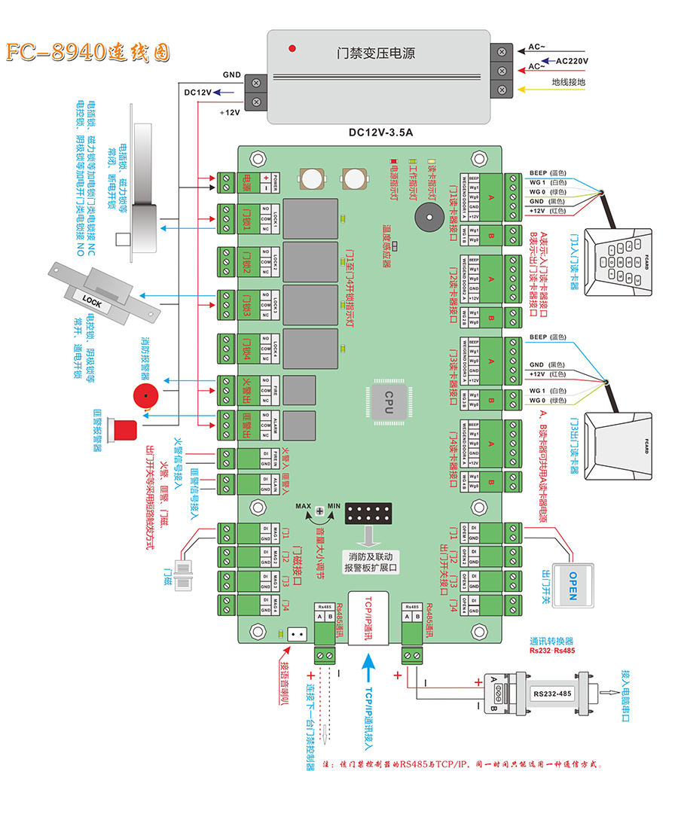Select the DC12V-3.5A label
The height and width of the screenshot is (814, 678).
(380, 133)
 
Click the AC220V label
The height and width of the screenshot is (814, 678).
(572, 59)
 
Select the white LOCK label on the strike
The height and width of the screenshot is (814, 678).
(93, 303)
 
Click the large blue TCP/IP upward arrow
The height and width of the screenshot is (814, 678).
(367, 669)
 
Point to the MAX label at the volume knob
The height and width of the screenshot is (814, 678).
(304, 506)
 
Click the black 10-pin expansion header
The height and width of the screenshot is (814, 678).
(368, 515)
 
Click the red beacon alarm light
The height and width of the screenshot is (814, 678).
(123, 430)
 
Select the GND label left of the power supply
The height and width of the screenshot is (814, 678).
(231, 75)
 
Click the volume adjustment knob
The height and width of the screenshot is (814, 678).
(320, 512)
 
